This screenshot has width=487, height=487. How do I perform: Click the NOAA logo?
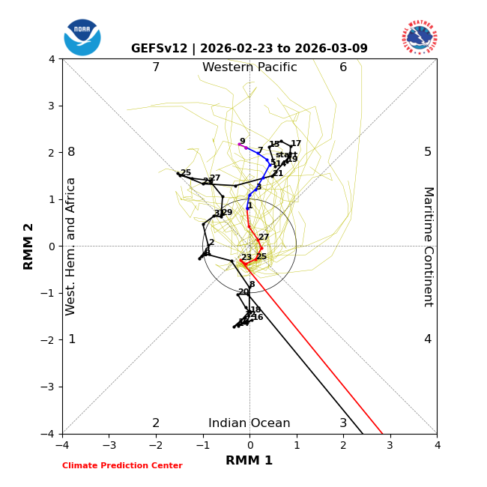pyautogui.click(x=82, y=37)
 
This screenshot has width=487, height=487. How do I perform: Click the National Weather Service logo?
pyautogui.click(x=420, y=37)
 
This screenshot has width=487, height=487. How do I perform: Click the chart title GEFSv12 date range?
pyautogui.click(x=249, y=49)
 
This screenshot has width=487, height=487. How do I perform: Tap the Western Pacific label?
pyautogui.click(x=249, y=67)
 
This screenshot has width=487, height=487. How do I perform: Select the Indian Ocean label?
pyautogui.click(x=249, y=423)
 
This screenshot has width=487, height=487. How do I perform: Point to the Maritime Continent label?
pyautogui.click(x=428, y=246)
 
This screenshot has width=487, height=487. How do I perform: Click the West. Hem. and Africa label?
pyautogui.click(x=71, y=246)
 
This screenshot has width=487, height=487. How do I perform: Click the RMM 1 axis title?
pyautogui.click(x=249, y=461)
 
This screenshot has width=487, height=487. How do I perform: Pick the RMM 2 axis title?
pyautogui.click(x=29, y=246)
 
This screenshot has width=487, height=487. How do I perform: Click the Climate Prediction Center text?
pyautogui.click(x=122, y=466)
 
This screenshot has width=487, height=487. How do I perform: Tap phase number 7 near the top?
pyautogui.click(x=156, y=67)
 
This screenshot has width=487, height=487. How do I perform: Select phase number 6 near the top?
pyautogui.click(x=343, y=67)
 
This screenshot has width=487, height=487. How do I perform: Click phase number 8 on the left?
pyautogui.click(x=71, y=152)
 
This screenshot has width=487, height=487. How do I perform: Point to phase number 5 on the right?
pyautogui.click(x=428, y=152)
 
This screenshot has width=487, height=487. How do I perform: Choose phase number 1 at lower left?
pyautogui.click(x=72, y=339)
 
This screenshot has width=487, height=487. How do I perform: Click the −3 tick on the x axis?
pyautogui.click(x=109, y=445)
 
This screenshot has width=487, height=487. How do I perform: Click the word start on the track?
pyautogui.click(x=286, y=155)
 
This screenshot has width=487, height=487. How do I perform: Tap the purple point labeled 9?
pyautogui.click(x=240, y=144)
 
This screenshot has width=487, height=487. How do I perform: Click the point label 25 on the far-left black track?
pyautogui.click(x=185, y=173)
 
